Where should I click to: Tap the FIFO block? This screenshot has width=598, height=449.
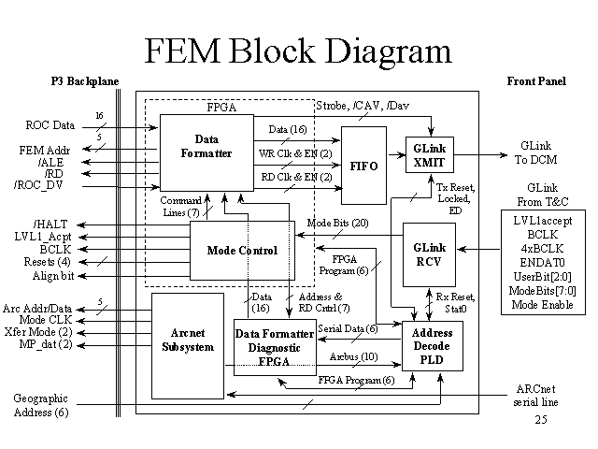click(363, 165)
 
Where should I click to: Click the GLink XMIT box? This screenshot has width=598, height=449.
click(428, 154)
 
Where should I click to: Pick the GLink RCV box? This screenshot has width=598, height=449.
click(427, 254)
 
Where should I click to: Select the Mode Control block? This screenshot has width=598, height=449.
click(242, 251)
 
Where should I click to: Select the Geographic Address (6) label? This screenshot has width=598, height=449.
click(40, 405)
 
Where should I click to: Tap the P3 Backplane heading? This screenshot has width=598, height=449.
click(84, 82)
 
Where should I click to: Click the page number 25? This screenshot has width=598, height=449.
click(540, 421)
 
